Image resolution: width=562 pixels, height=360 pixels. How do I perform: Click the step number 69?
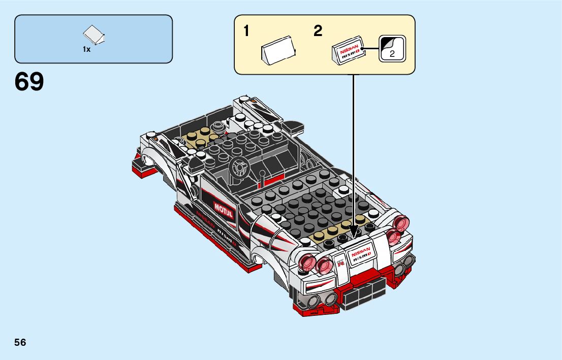pos(29,82)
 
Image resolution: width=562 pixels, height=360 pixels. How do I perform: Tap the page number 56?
pos(20,342)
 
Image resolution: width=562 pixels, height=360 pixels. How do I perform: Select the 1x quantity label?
pos(86,50)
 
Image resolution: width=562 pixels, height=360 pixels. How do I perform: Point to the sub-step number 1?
pos(246,31)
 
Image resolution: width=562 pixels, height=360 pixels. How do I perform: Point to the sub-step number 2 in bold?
pos(318,31)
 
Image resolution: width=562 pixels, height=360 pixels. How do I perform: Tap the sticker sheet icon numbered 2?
pos(392,49)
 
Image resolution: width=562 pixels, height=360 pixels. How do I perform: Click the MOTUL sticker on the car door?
pos(223,210)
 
